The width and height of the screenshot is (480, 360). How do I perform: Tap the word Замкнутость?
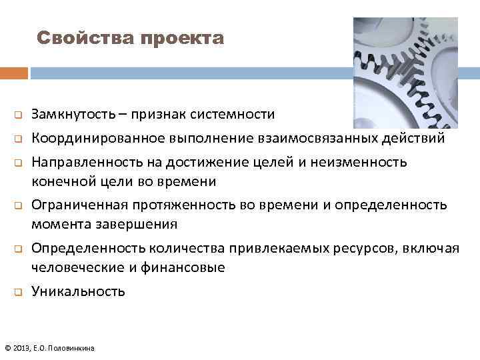(x=73, y=114)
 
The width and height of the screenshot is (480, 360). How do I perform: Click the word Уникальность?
(x=78, y=291)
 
